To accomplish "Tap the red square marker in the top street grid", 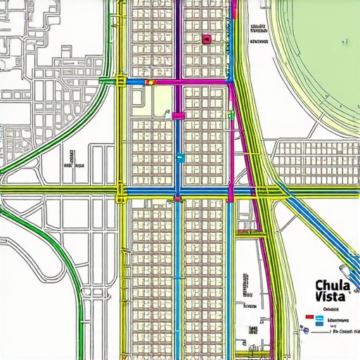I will pos(206,39).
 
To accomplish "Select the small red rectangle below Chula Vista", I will pos(308,317).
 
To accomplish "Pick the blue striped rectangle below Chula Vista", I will pos(319,320).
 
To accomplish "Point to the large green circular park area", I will pos(323,56).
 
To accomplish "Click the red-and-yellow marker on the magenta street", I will pos(148,82).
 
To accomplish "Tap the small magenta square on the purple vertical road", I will pos(178,115).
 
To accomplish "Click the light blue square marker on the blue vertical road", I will pos(180,159).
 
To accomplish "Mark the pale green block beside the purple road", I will pos(161,105).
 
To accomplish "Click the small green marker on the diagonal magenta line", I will pos(230,113).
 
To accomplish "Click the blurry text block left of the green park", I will pos(258,34).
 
